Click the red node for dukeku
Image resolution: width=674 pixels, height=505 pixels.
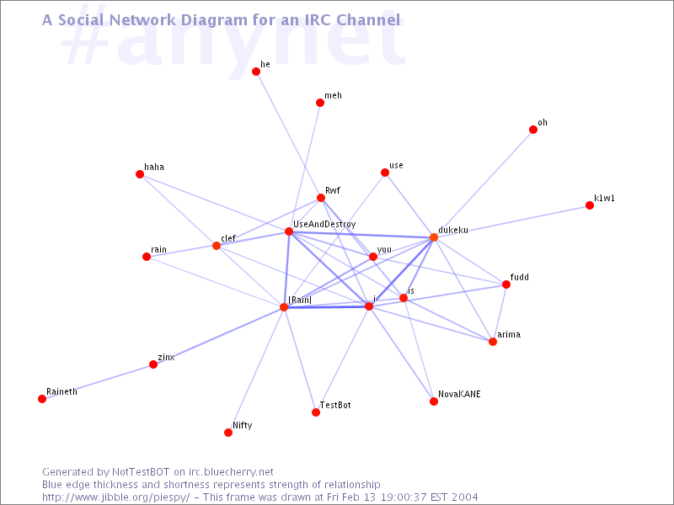[434, 237]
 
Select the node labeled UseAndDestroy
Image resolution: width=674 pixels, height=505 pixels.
[289, 232]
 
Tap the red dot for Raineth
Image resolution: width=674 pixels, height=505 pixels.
[42, 399]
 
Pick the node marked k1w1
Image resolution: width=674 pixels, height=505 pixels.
[590, 205]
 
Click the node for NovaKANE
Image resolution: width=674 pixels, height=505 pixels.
[434, 401]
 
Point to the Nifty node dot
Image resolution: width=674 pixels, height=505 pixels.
[228, 433]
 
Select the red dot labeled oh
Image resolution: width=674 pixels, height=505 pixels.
[533, 130]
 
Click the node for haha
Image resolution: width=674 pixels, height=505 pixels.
[140, 174]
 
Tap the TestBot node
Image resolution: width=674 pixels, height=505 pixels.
[316, 412]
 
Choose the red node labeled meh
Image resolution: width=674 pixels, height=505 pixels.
[320, 103]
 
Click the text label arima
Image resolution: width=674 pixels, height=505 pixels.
[509, 334]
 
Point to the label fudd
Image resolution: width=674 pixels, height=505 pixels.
[520, 277]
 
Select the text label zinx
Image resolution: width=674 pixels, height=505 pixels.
[166, 357]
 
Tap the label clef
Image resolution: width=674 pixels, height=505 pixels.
[228, 238]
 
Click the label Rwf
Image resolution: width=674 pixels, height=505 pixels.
[333, 190]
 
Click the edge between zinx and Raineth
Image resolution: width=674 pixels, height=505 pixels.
[98, 382]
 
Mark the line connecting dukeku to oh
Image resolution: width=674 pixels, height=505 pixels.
[484, 183]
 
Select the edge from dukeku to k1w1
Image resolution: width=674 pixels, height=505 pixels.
[511, 221]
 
